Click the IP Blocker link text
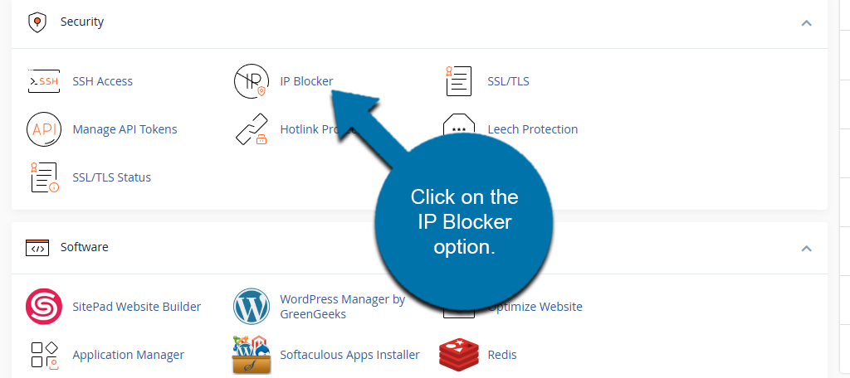point(306,81)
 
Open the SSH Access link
point(102,81)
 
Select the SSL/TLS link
point(508,81)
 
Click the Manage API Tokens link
point(125,129)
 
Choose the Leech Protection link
point(532,129)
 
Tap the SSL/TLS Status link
point(111,177)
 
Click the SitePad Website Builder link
point(136,307)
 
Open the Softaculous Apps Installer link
point(349,355)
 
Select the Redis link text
point(502,355)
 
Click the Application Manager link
point(128,355)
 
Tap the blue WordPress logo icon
point(252,307)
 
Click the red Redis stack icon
point(459,355)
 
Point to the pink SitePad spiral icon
point(44,307)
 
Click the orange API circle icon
point(44,129)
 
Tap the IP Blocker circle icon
point(252,81)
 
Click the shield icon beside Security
point(37,22)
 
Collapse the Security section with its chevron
point(806,23)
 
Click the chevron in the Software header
point(806,248)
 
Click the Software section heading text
point(84,247)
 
